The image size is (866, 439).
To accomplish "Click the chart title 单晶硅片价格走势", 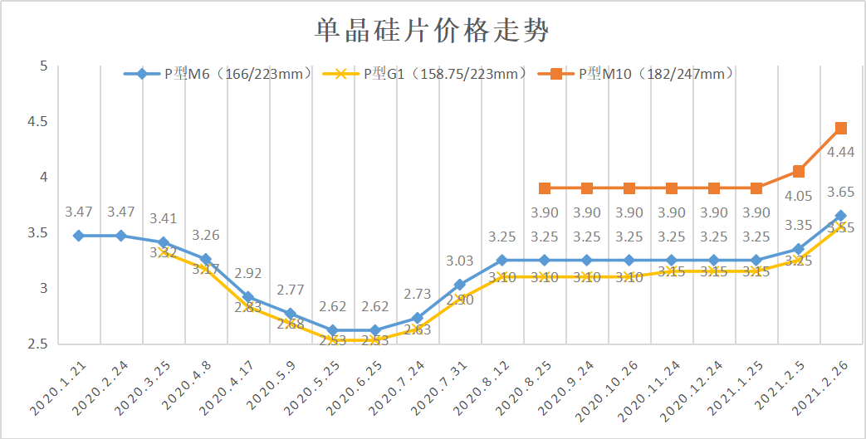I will [432, 32].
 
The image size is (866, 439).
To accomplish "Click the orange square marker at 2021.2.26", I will [840, 128].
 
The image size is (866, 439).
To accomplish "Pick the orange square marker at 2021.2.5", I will [798, 171].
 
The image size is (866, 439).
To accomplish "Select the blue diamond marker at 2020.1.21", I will [78, 236].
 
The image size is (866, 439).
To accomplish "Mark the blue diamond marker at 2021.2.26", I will [840, 216].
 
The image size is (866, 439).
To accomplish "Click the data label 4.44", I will [841, 152].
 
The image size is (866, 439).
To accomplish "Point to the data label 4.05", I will [798, 196].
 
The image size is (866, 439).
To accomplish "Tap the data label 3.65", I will [841, 193].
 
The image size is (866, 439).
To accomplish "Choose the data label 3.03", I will [460, 261].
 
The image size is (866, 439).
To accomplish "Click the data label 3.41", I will [164, 219].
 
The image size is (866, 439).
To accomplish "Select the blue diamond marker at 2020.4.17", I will [247, 297].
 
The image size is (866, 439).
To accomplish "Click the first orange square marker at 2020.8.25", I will [545, 188].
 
